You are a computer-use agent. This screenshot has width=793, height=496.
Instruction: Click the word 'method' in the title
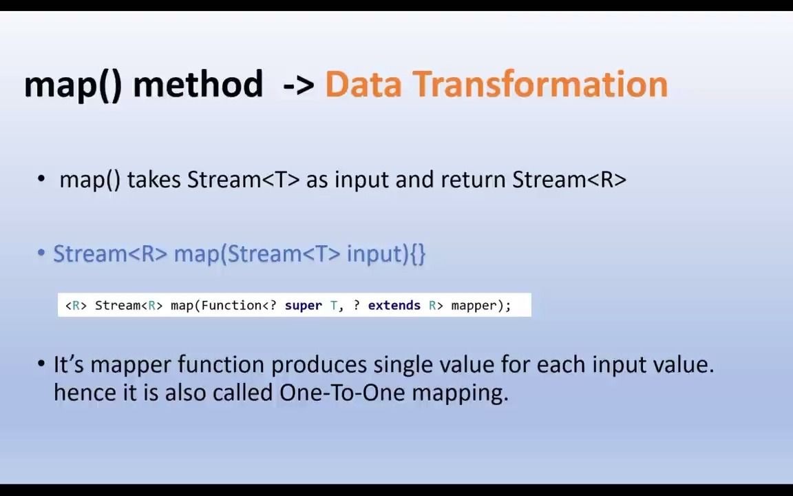tap(198, 85)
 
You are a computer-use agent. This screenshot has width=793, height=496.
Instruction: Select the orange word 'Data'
tap(363, 85)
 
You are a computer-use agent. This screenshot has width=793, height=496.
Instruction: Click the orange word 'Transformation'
tap(540, 85)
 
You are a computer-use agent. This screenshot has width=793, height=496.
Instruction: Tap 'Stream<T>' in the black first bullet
tap(244, 180)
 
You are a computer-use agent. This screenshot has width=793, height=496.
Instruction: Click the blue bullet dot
tap(41, 254)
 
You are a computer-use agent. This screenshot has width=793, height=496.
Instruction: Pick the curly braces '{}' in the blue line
tap(418, 254)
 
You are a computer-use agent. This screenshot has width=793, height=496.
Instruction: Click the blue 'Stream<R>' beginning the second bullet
tap(110, 254)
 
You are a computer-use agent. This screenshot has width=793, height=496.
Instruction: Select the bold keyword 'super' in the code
tap(303, 305)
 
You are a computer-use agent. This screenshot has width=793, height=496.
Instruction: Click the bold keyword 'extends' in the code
tap(394, 305)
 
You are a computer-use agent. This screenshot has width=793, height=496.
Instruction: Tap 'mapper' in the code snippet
tap(474, 305)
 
